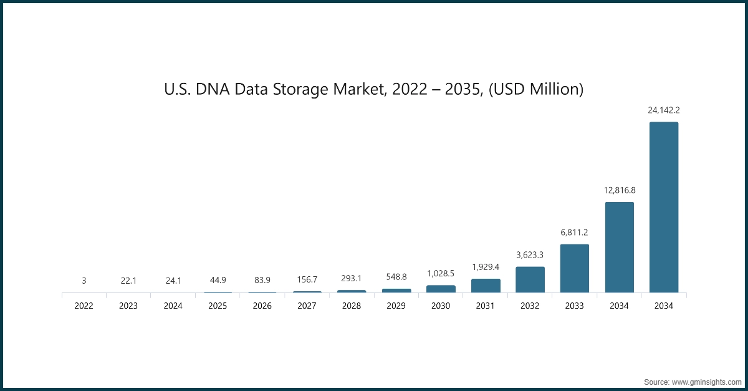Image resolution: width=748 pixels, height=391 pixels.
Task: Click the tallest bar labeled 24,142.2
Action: coord(664,207)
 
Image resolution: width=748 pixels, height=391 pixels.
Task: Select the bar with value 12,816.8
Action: coord(619,247)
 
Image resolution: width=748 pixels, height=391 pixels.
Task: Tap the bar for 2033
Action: coord(574,268)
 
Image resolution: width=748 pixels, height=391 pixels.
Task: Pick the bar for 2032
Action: coord(530,279)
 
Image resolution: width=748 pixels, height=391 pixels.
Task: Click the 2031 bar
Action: coord(486,286)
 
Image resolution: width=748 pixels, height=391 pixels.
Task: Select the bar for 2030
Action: coord(441,289)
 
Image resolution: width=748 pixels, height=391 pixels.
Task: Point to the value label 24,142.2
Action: coord(664,110)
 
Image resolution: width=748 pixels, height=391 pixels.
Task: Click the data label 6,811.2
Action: coord(574,232)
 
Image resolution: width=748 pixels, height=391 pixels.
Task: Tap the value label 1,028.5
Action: coord(441,273)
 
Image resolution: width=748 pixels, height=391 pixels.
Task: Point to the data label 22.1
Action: coord(128,281)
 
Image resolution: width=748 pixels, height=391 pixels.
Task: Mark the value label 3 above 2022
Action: coord(84,281)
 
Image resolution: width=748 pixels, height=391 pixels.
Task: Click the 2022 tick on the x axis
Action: coord(84,306)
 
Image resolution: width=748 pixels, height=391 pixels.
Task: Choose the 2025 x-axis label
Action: coord(218,306)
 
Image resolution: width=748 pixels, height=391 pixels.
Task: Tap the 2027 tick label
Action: coord(307,306)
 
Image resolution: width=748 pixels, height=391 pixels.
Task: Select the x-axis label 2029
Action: coord(396,306)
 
